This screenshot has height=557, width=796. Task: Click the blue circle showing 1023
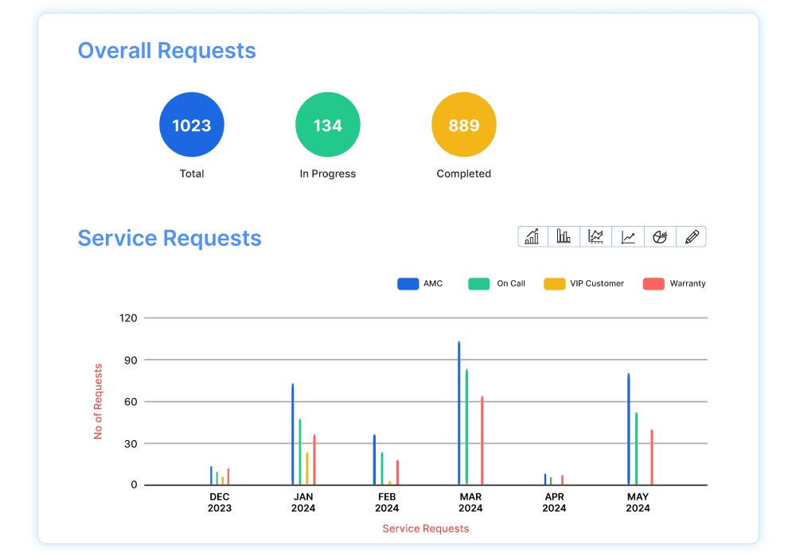tap(192, 125)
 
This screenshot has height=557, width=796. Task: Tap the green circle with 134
tap(328, 125)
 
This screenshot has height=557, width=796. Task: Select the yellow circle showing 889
tap(464, 125)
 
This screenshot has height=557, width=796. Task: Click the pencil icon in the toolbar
tap(691, 236)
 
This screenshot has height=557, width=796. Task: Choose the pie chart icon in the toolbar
tap(659, 236)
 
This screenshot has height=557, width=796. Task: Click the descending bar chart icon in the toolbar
tap(564, 236)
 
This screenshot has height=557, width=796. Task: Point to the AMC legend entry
tap(420, 283)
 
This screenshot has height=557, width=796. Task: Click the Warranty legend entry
tap(674, 283)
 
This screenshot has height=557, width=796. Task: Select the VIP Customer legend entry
tap(584, 283)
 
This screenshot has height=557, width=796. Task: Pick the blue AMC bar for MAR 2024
tap(459, 413)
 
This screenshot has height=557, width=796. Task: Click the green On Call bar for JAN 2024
tap(300, 451)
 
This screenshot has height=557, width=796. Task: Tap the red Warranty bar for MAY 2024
tap(651, 457)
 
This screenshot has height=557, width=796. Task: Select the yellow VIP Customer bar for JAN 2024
tap(307, 468)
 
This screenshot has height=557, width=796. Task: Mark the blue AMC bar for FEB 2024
tap(374, 459)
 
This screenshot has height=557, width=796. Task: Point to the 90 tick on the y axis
tap(128, 360)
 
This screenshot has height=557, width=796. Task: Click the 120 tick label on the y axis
tap(128, 318)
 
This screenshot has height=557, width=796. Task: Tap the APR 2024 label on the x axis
tap(554, 502)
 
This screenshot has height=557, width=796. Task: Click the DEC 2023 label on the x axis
tap(220, 502)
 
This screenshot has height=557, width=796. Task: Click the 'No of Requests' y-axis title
tap(99, 402)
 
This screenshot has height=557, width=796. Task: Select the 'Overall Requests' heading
tap(167, 51)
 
